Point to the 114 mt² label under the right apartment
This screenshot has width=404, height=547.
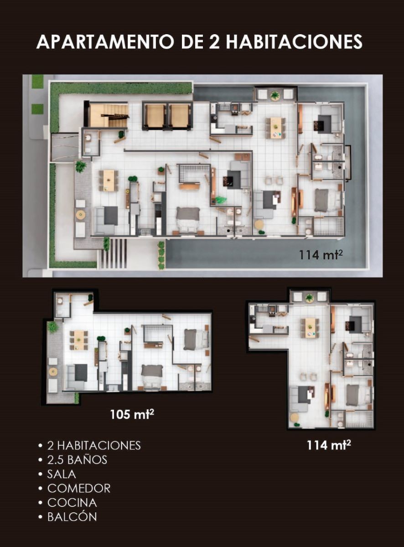(329, 445)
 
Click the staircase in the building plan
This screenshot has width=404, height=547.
(109, 115)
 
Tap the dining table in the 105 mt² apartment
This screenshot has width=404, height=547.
(79, 340)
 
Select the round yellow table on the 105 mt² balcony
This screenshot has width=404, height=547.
(53, 372)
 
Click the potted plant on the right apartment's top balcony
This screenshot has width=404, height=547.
(309, 298)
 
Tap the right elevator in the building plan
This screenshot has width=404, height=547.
(180, 116)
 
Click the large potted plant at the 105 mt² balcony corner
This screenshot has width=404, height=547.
(52, 327)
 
